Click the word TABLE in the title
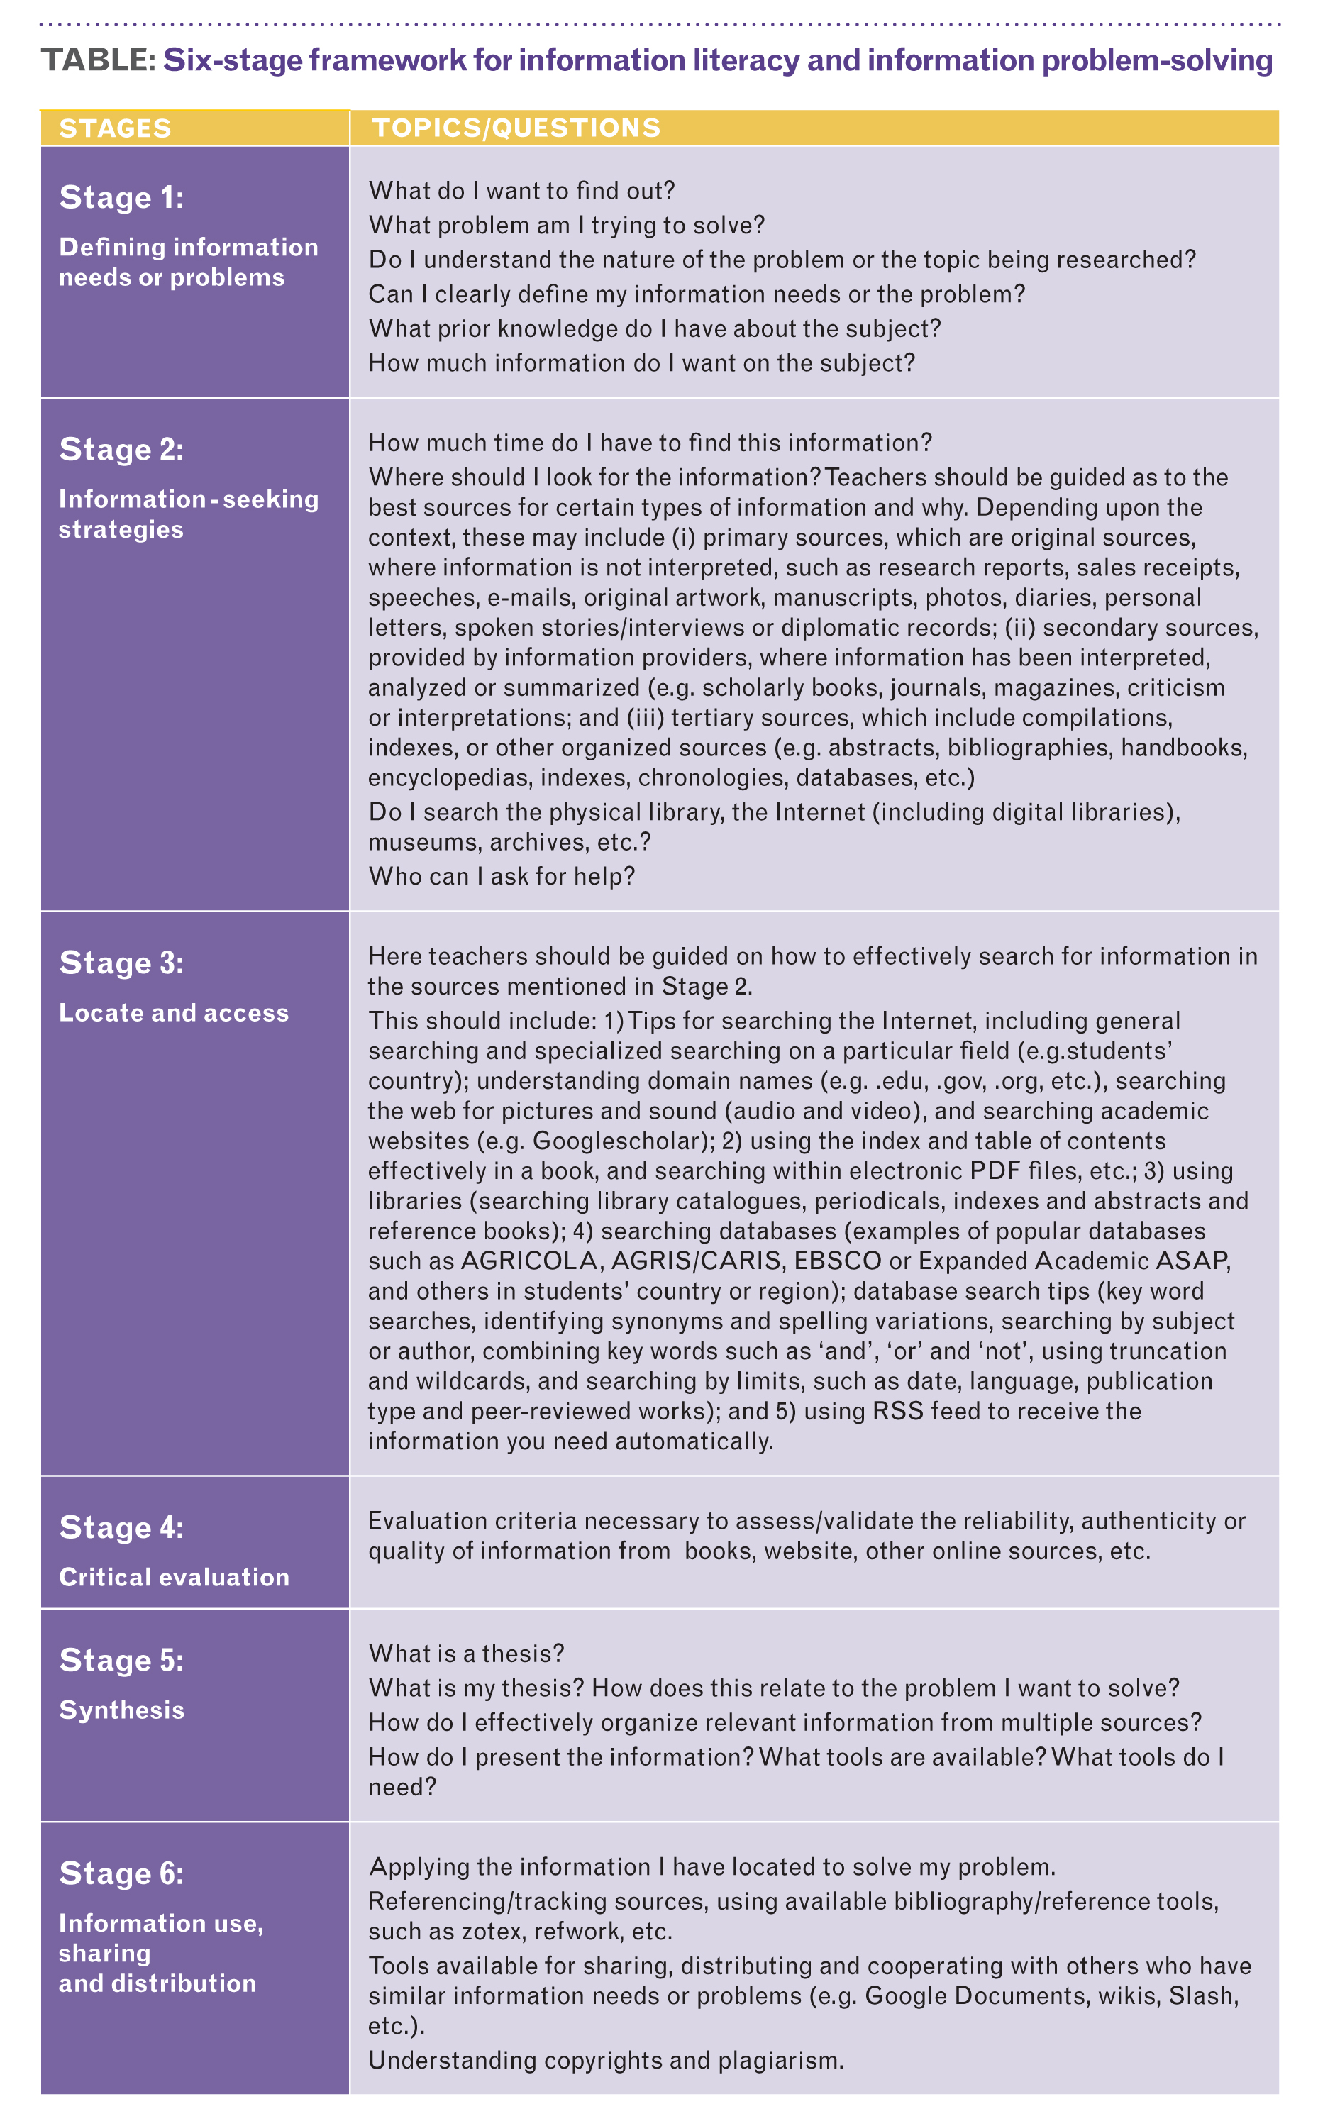[x=98, y=60]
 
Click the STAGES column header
[x=115, y=128]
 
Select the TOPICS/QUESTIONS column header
[x=516, y=128]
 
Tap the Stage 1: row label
[x=122, y=198]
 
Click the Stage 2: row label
[x=122, y=450]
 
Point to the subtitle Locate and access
[x=174, y=1013]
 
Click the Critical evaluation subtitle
[x=174, y=1577]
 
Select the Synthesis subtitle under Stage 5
[x=121, y=1710]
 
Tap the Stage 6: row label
[x=122, y=1873]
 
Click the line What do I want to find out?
[x=521, y=191]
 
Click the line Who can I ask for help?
[x=502, y=876]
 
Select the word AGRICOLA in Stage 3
[x=529, y=1261]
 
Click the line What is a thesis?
[x=466, y=1654]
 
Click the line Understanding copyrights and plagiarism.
[x=606, y=2060]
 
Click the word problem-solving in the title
[x=1157, y=60]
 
